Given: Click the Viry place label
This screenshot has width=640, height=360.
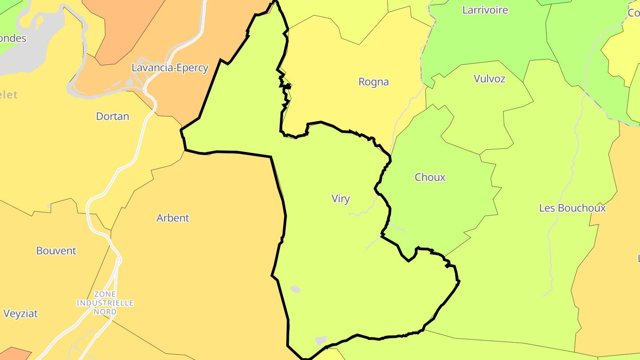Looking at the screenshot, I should tap(340, 199).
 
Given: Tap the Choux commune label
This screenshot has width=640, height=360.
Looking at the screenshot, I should tap(430, 177).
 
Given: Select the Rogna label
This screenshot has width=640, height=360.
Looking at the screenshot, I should tap(373, 82).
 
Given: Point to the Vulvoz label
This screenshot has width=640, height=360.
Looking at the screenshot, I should tap(489, 79).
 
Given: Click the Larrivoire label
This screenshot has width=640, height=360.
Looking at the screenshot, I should tap(485, 10).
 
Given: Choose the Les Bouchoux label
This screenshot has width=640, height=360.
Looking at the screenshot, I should tap(572, 208).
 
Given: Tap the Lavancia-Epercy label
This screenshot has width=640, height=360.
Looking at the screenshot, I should tap(170, 68).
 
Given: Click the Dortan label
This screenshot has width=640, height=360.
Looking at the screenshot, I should tap(112, 116).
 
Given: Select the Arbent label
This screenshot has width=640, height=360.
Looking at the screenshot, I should tap(172, 218).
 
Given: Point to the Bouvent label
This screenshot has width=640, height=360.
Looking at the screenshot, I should tap(56, 251).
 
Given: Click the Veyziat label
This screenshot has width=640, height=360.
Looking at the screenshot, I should tap(20, 313).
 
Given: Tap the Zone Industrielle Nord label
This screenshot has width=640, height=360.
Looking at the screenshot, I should tap(105, 303).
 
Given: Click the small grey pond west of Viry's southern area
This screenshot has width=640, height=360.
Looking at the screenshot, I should tap(295, 289).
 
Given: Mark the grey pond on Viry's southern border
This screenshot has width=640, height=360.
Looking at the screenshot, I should tap(320, 341).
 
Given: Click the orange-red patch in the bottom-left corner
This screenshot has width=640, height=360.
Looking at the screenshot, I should tap(13, 354).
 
